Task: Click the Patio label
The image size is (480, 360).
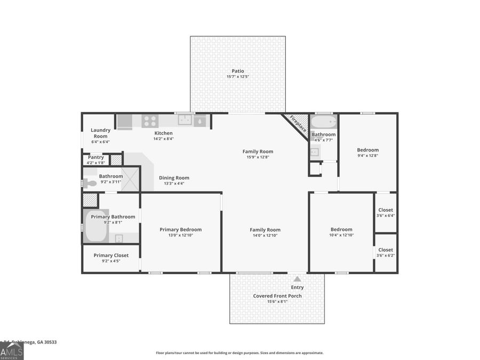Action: click(238, 71)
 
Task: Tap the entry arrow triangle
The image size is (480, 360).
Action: click(297, 279)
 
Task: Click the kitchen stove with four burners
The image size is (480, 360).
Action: click(149, 121)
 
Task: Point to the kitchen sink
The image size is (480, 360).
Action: click(185, 121)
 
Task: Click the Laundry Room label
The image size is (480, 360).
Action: click(100, 133)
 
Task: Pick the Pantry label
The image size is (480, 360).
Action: click(95, 157)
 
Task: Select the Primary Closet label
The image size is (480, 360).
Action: click(111, 255)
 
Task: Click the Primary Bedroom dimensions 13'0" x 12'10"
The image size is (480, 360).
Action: click(180, 235)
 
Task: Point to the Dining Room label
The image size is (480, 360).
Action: click(174, 178)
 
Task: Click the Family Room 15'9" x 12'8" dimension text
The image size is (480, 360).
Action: click(258, 157)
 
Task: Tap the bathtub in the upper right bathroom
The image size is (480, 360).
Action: click(324, 122)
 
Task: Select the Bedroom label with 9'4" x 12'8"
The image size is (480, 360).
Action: click(367, 150)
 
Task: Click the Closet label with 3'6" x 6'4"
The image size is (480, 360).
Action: click(385, 210)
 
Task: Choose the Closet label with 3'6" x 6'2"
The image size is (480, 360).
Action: click(385, 250)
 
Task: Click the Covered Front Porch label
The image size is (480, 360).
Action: click(277, 296)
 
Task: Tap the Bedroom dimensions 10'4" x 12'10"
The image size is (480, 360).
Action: click(341, 235)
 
